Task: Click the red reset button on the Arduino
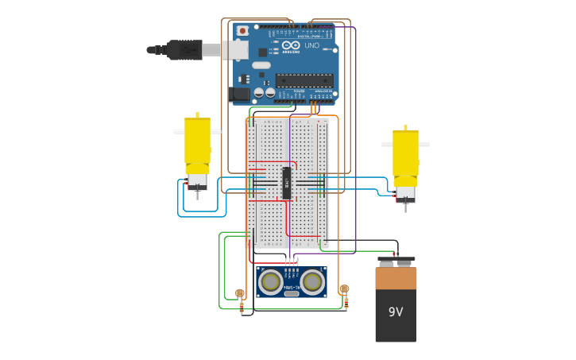point(242,31)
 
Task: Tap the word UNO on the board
point(311,46)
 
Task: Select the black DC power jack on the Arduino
point(239,95)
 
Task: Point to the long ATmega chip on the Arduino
point(304,80)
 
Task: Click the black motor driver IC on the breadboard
point(287,183)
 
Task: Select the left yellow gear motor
point(197,143)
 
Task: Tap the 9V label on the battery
point(396,312)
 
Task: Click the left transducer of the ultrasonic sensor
point(272,281)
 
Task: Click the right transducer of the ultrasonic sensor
point(312,281)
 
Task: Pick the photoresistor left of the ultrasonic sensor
point(240,293)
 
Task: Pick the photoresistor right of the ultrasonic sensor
point(344,289)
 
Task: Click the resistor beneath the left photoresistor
point(242,308)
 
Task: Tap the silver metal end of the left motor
point(197,181)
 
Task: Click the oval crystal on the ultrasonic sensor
point(292,293)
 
